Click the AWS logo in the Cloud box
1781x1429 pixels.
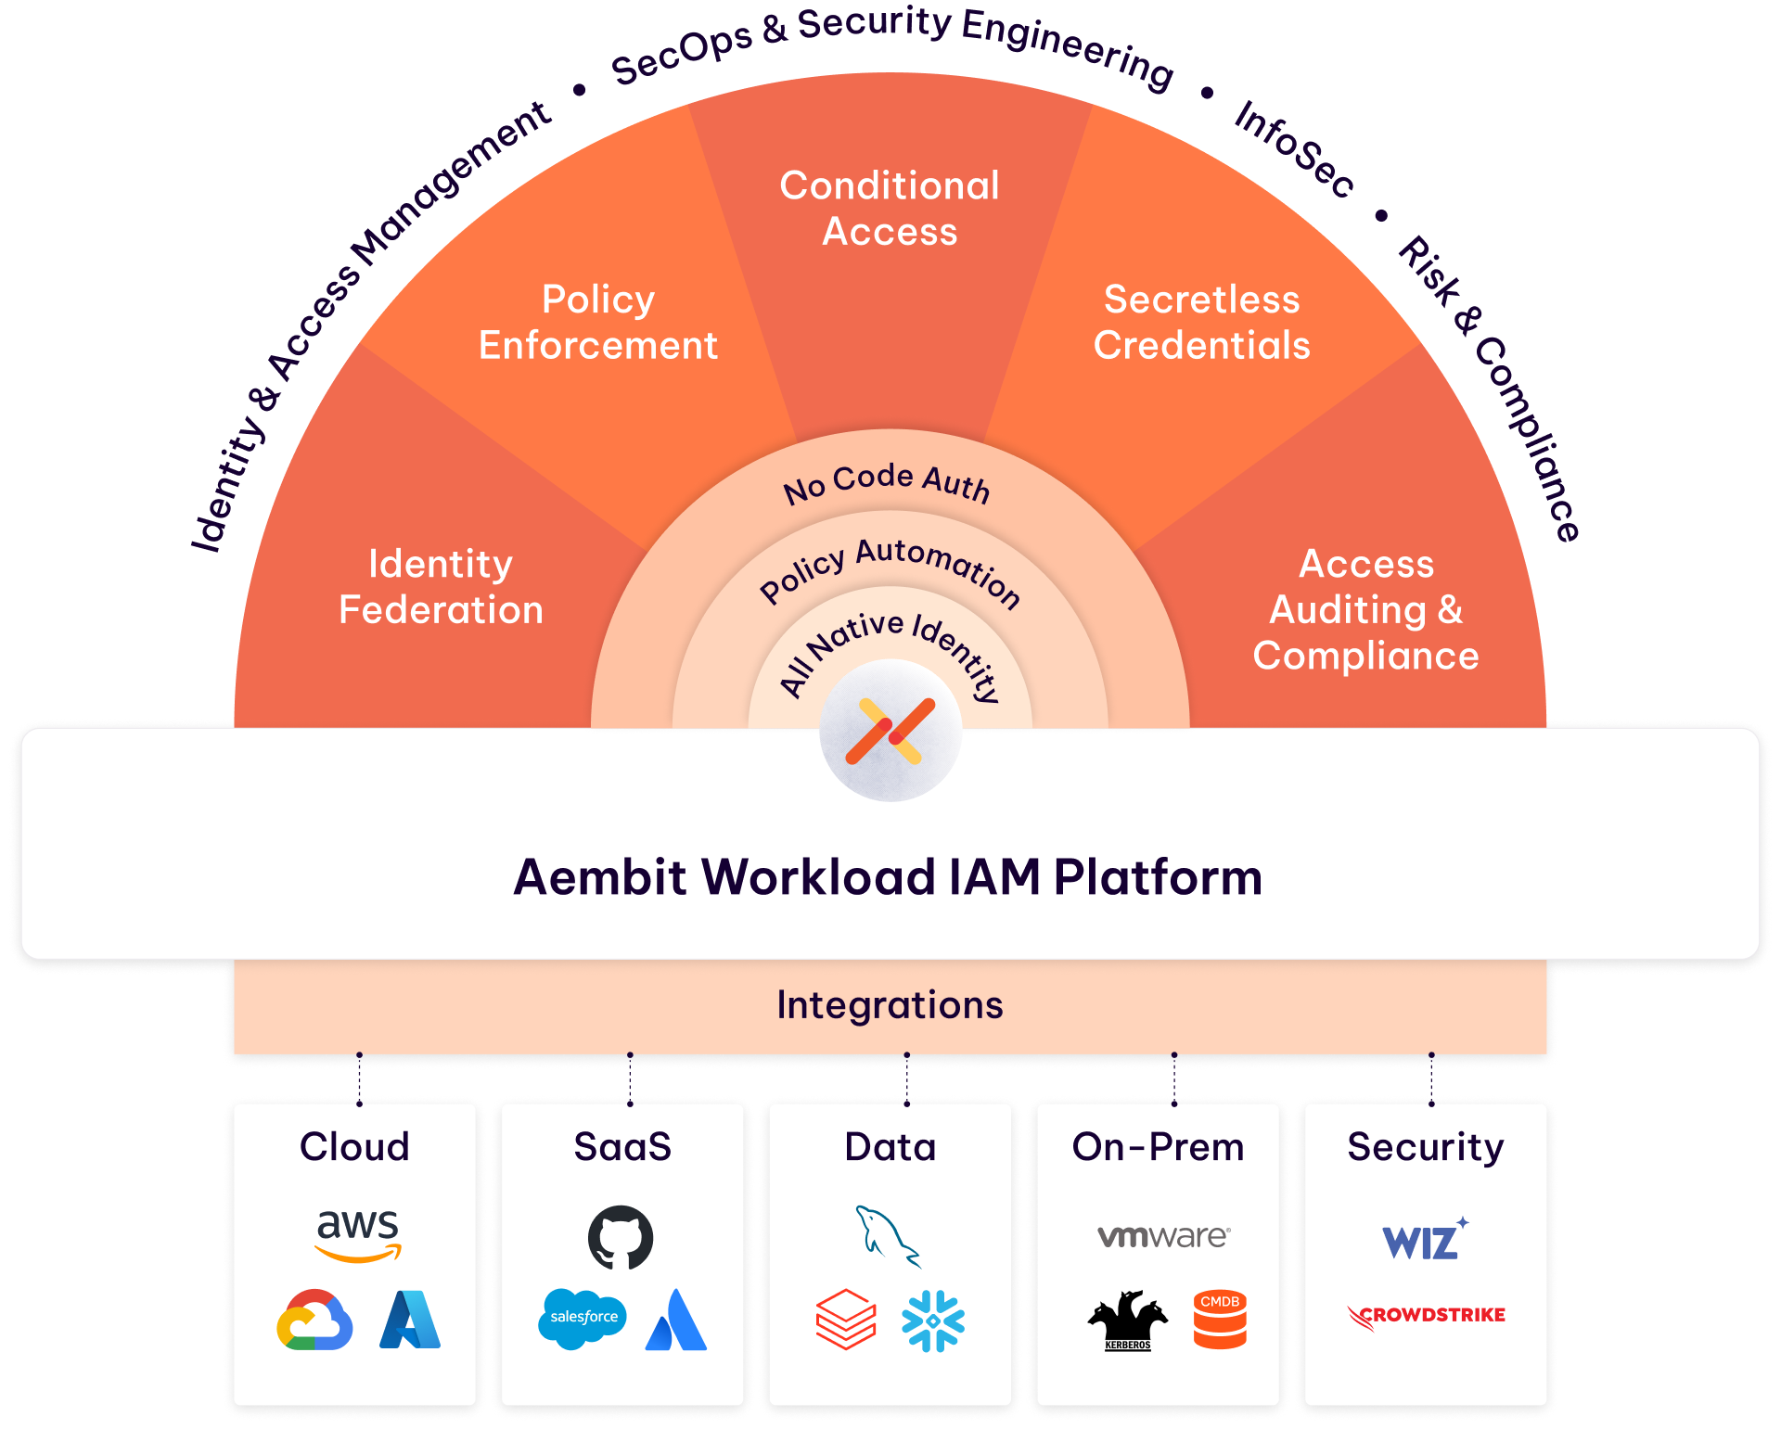(x=357, y=1234)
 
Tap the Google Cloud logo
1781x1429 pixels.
(x=314, y=1320)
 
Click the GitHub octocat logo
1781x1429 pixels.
(x=621, y=1237)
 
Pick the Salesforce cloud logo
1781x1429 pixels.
(x=583, y=1318)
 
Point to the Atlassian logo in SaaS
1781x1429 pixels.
(x=676, y=1320)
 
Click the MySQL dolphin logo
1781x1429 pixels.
(x=886, y=1235)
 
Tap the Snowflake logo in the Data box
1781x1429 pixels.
(x=932, y=1321)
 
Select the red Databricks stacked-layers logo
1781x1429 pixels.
(x=845, y=1320)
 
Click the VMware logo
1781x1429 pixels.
(x=1163, y=1236)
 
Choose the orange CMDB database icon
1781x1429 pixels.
(x=1220, y=1319)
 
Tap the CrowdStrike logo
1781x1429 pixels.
(x=1427, y=1316)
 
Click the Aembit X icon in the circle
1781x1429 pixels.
(x=890, y=732)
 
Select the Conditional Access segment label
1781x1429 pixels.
(x=890, y=209)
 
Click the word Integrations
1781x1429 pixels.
(x=890, y=1005)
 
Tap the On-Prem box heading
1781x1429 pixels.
(x=1158, y=1147)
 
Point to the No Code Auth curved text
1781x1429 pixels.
(x=886, y=483)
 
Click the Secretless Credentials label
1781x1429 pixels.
(x=1201, y=323)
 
